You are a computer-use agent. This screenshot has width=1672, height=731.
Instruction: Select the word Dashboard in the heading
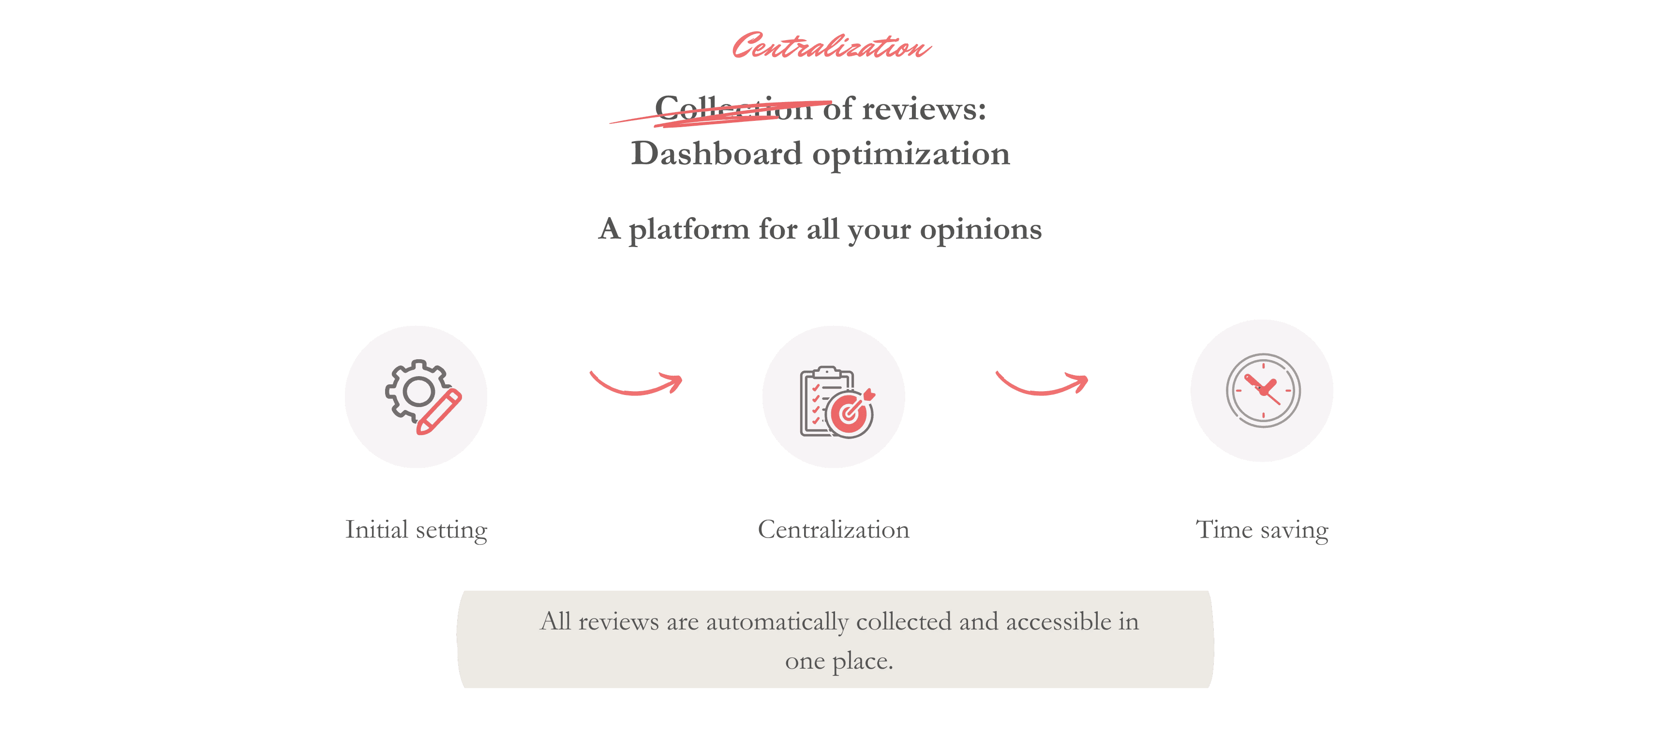tap(717, 154)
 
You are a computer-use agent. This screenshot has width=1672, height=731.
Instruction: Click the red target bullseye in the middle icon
tap(849, 414)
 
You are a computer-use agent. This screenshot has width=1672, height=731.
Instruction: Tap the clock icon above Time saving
tap(1262, 391)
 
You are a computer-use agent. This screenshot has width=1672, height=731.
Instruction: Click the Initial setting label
tap(416, 530)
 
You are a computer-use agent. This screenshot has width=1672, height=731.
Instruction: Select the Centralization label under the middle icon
tap(834, 530)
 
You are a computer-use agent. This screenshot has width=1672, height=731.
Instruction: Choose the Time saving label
tap(1262, 530)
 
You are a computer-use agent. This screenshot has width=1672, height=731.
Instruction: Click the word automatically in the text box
tap(777, 622)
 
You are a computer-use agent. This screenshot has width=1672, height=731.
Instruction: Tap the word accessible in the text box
tap(1058, 622)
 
